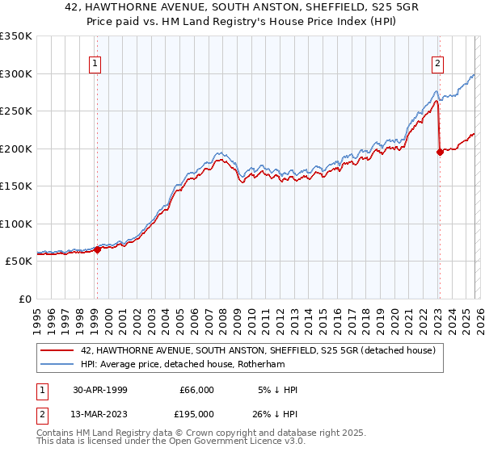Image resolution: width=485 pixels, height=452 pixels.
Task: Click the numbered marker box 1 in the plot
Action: [x=96, y=64]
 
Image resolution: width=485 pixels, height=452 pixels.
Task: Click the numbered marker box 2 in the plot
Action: [x=437, y=64]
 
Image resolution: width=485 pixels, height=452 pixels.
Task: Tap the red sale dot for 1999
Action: [x=97, y=249]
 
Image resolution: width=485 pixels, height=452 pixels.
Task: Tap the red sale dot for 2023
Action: [x=440, y=152]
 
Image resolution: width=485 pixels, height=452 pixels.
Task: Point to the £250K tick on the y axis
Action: [x=16, y=111]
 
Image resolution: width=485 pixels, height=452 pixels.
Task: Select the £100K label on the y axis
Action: [x=16, y=224]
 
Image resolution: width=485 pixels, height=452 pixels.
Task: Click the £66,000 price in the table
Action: [x=196, y=390]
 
